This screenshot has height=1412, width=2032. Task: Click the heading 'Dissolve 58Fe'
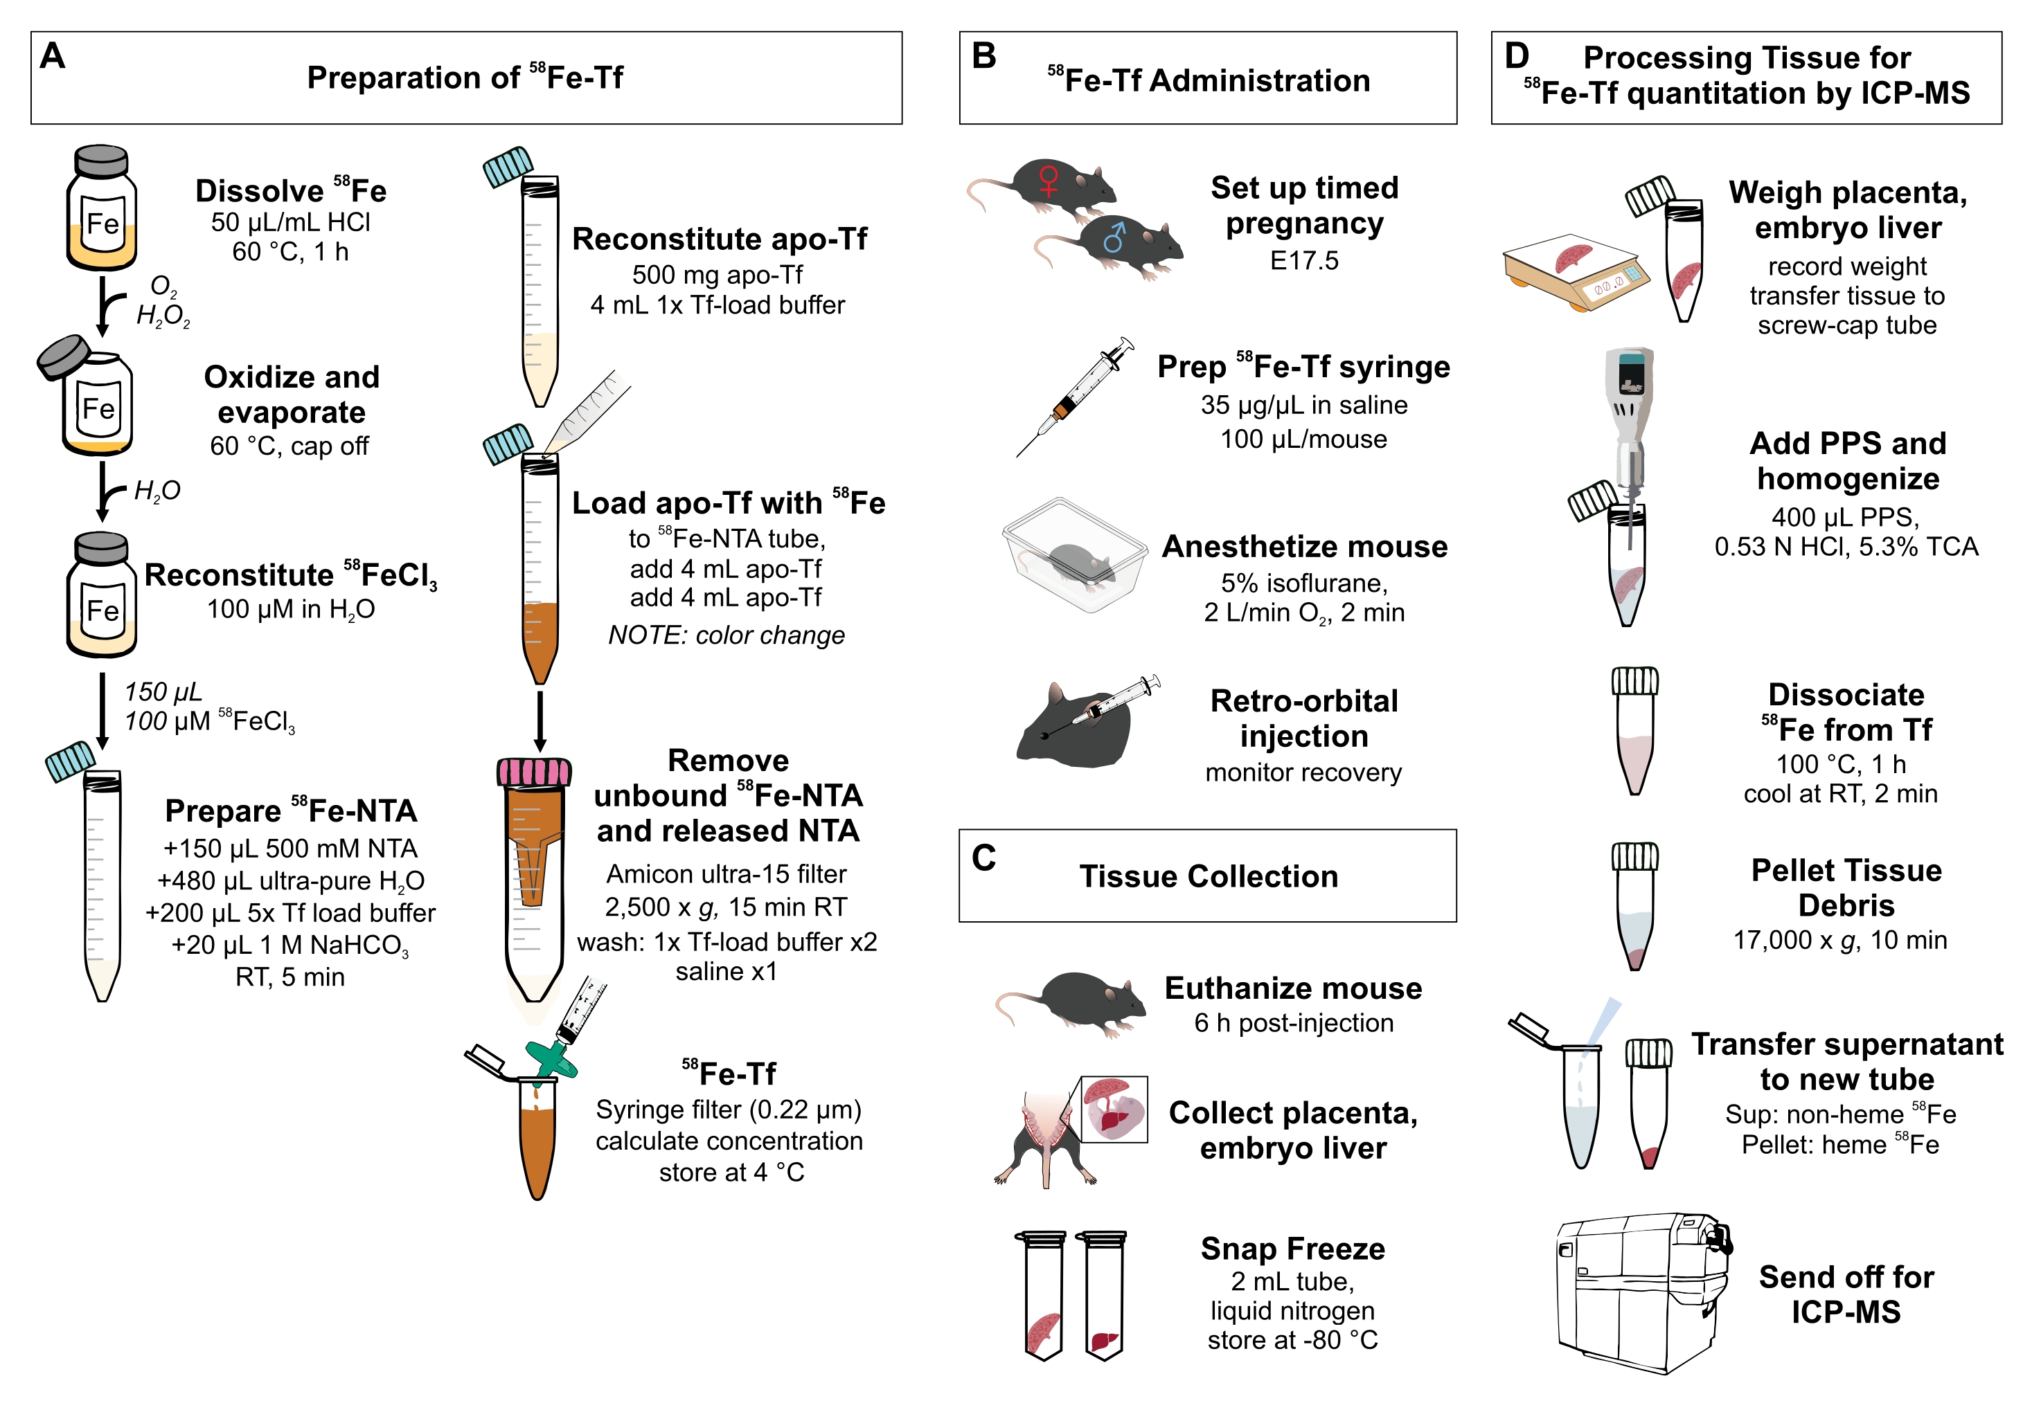290,191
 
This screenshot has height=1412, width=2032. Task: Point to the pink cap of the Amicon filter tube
534,772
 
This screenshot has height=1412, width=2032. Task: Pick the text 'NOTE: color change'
726,635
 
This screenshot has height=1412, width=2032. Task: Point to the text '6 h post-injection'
1293,1024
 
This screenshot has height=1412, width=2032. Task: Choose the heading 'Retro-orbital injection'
1303,718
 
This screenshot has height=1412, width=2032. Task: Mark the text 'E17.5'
1303,261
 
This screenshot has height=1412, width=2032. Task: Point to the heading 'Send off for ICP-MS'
1846,1294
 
